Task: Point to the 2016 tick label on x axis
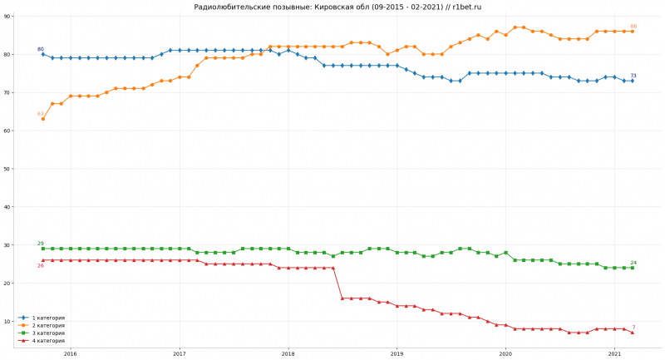[70, 353]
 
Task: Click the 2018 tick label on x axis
[288, 353]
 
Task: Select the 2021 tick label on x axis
[614, 353]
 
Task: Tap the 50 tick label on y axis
[7, 169]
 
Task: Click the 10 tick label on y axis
[7, 322]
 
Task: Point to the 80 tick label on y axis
[7, 55]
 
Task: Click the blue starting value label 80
[41, 49]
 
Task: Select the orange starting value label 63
[41, 114]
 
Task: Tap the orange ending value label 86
[633, 27]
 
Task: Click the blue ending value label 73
[633, 76]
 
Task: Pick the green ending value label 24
[633, 263]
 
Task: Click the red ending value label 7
[634, 328]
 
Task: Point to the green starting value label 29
[41, 244]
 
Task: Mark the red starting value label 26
[40, 265]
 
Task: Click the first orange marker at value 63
[43, 119]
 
